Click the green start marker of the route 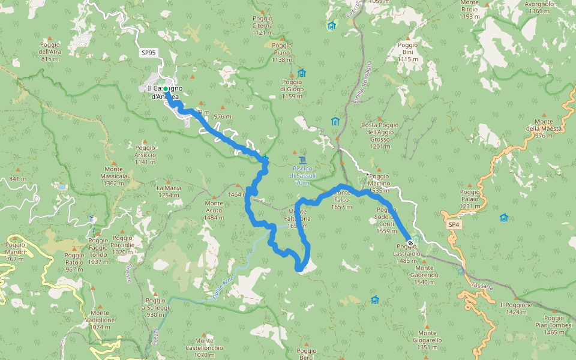tap(166, 89)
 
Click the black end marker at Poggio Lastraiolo tap(410, 243)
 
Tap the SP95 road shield tap(148, 53)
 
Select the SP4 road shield tap(454, 224)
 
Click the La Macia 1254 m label tap(169, 191)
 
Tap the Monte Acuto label tap(214, 210)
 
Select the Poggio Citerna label tap(263, 26)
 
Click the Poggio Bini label tap(407, 52)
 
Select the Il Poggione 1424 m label tap(516, 308)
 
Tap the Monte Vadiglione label tap(100, 320)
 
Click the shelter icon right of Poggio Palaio tap(504, 217)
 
